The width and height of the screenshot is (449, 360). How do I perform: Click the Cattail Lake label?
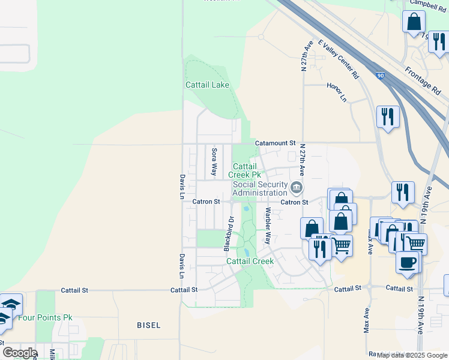(207, 85)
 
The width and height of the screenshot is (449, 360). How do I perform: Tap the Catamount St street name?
(276, 143)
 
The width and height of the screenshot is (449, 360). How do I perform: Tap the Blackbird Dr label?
(228, 234)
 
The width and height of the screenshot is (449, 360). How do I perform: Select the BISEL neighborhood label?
(148, 325)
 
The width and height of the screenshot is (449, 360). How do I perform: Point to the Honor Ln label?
(337, 91)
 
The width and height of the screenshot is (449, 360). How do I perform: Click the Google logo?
(20, 352)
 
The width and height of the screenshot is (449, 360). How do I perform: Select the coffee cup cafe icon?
(408, 262)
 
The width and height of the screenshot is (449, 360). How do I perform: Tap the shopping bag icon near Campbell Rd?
(414, 22)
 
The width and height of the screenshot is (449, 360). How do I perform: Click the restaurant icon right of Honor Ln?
(388, 116)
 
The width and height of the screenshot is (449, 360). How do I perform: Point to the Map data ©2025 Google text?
(411, 355)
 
